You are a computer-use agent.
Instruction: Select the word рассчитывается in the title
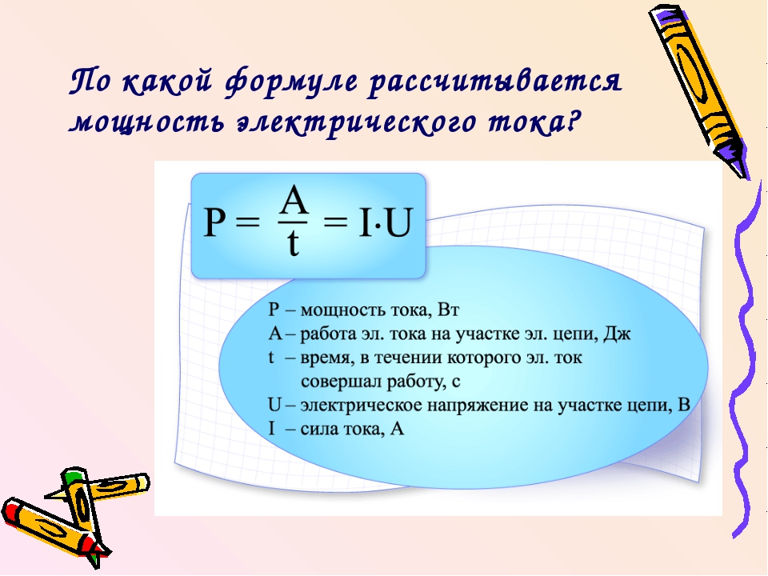click(x=495, y=82)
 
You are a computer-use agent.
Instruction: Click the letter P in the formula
click(x=214, y=222)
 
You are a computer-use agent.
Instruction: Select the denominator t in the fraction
click(x=293, y=243)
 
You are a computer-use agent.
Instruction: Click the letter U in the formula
click(x=398, y=222)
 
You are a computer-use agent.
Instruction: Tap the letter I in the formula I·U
click(x=365, y=222)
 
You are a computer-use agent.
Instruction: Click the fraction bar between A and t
click(x=293, y=222)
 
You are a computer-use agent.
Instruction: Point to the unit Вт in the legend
click(x=448, y=310)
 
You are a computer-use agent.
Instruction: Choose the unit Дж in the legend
click(x=617, y=334)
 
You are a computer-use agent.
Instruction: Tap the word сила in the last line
click(x=318, y=430)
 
